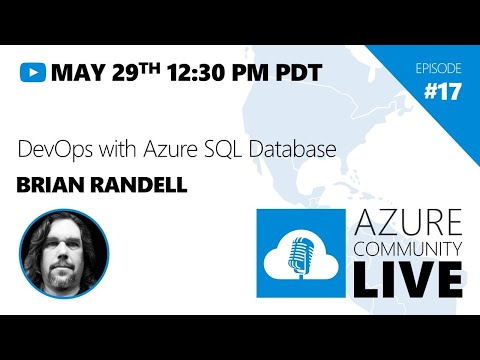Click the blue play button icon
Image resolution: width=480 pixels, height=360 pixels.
tap(34, 72)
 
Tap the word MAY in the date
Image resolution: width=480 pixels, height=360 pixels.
tap(77, 72)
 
